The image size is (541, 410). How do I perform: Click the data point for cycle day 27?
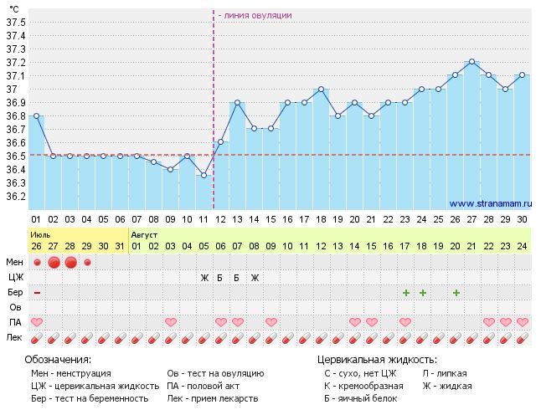click(472, 61)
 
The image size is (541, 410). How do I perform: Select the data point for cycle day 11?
click(204, 175)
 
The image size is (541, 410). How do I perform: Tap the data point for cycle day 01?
click(36, 115)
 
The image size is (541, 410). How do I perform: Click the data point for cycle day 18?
click(321, 89)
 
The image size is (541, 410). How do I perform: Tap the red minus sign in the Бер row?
click(37, 292)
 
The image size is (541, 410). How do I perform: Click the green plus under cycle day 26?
click(456, 292)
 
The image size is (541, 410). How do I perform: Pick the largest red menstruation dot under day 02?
click(54, 263)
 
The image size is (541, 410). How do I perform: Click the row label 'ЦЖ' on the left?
click(15, 277)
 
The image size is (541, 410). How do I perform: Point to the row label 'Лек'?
click(15, 337)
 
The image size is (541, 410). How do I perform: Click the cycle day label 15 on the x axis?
click(270, 218)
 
